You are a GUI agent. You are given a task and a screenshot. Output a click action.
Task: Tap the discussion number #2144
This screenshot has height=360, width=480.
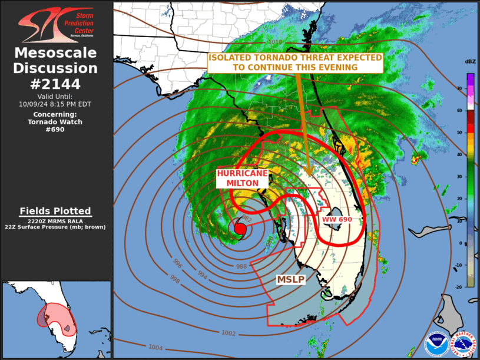click(x=56, y=83)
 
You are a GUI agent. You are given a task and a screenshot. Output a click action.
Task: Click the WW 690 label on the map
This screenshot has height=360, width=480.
click(x=337, y=220)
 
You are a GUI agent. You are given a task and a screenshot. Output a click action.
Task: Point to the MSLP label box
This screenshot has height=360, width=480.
click(x=291, y=279)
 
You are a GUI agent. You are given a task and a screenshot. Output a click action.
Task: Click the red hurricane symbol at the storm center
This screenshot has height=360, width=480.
click(x=240, y=229)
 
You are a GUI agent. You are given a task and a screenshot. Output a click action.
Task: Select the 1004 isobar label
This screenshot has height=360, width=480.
click(x=155, y=348)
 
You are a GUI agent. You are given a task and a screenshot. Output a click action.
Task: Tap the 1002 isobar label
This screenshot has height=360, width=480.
click(x=229, y=333)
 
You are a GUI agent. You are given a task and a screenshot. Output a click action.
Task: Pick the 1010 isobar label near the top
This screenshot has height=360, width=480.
click(x=274, y=42)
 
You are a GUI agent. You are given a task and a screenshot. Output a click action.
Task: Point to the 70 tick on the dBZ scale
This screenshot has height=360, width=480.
click(x=459, y=88)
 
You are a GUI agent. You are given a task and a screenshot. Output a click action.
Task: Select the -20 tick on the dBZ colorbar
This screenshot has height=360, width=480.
click(x=458, y=286)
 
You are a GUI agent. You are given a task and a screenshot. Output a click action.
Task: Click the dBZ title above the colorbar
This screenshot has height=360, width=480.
click(x=470, y=62)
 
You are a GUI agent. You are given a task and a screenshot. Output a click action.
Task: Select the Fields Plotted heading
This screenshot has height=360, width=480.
click(x=56, y=211)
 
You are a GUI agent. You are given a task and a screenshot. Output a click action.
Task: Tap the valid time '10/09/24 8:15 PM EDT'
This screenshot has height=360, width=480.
click(x=56, y=104)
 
